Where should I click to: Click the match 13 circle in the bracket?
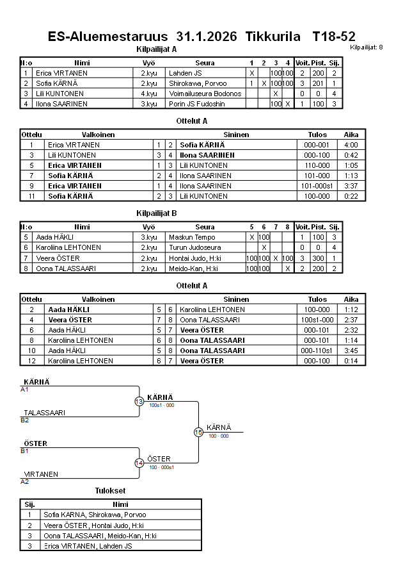[x=139, y=402]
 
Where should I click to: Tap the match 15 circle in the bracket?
[x=198, y=433]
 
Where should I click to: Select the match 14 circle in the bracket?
[x=139, y=463]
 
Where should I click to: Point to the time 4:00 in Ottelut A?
[x=351, y=145]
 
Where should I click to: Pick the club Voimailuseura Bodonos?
[x=205, y=94]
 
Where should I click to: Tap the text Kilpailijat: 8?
[x=367, y=47]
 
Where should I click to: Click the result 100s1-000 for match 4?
[x=317, y=320]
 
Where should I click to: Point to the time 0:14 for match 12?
[x=351, y=361]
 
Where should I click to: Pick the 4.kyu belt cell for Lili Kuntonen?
[x=149, y=94]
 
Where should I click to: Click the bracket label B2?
[x=25, y=420]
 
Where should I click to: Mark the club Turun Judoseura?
[x=194, y=247]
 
